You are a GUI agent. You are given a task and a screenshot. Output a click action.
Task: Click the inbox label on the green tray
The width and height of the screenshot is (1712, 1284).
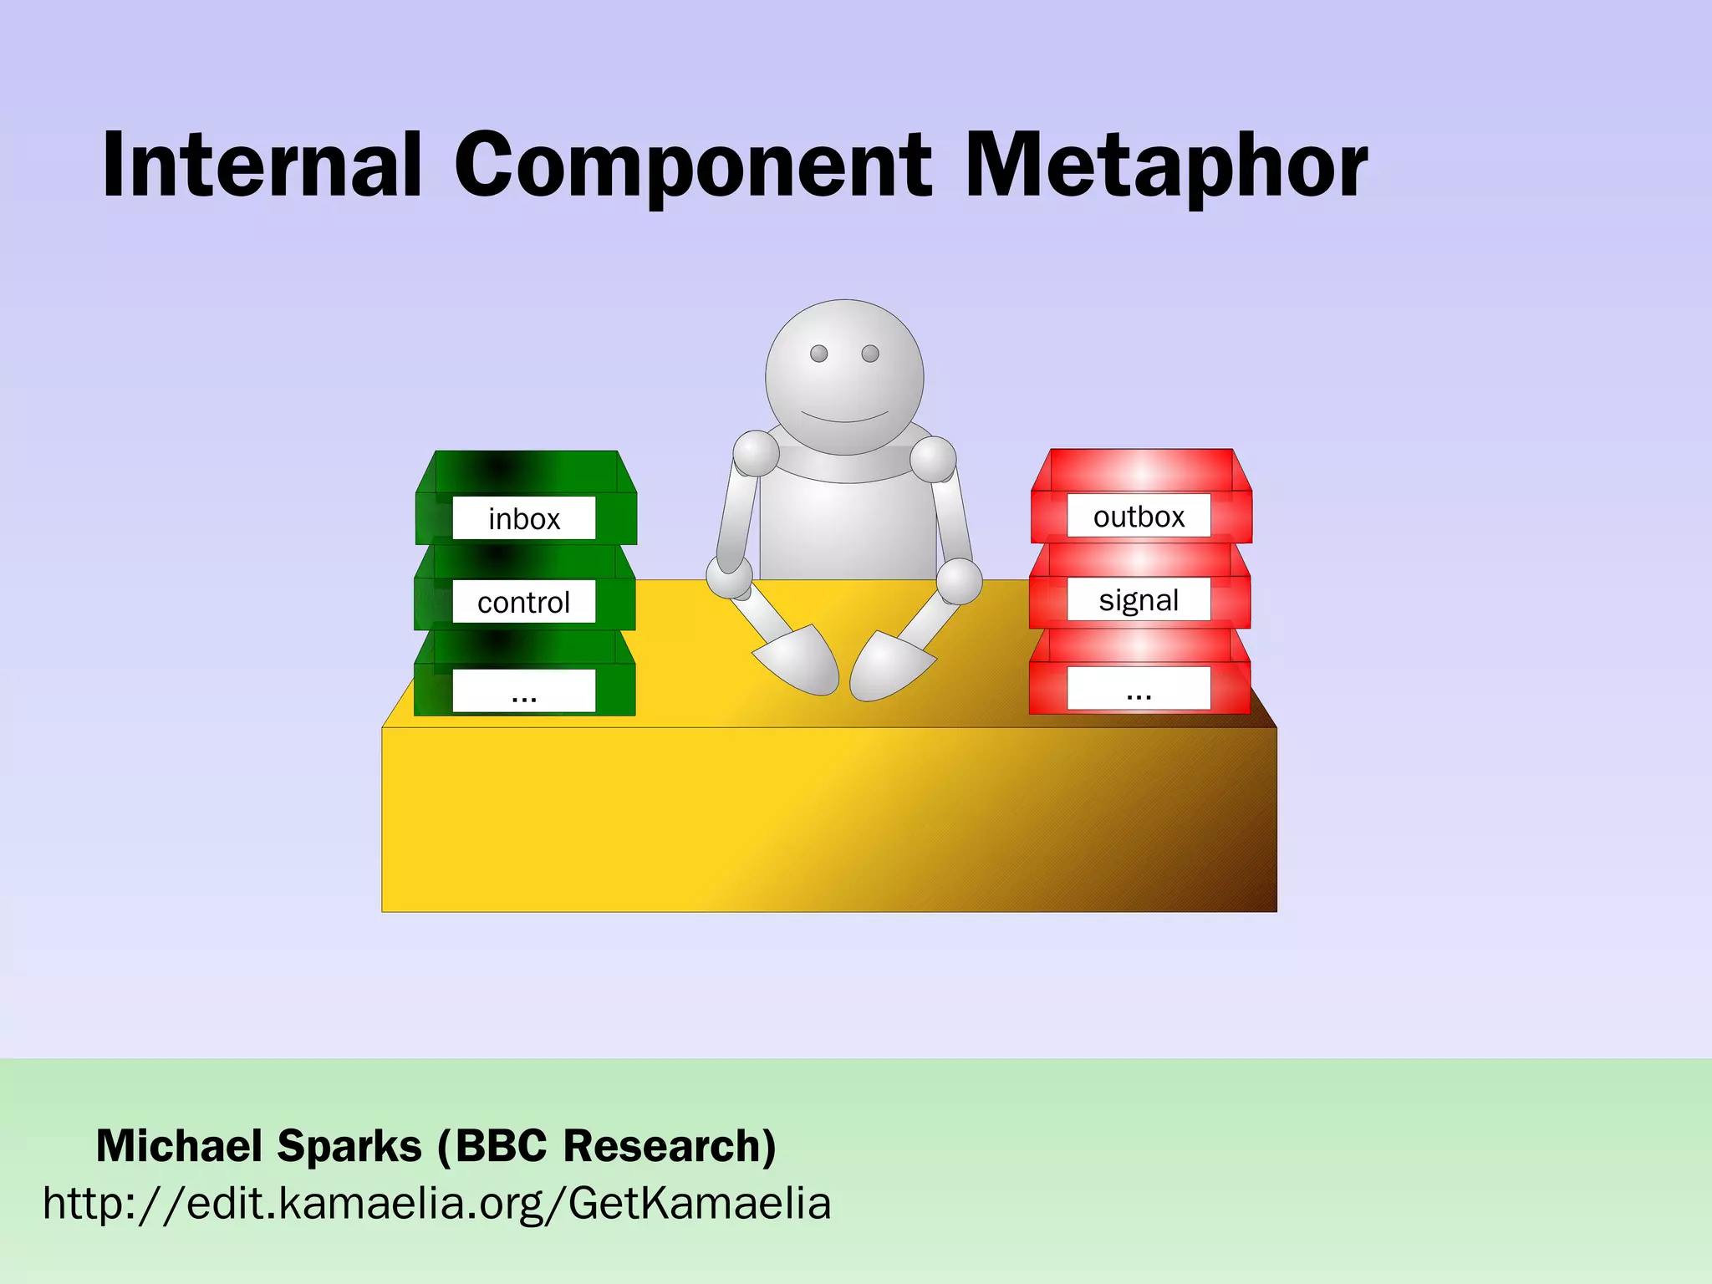[x=524, y=518]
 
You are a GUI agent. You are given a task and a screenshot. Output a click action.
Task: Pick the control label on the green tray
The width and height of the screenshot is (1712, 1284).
[x=524, y=602]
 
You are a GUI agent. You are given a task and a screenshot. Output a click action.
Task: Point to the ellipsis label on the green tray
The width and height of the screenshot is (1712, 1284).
[x=524, y=691]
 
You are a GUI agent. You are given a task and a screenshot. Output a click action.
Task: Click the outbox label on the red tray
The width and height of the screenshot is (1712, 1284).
[x=1139, y=517]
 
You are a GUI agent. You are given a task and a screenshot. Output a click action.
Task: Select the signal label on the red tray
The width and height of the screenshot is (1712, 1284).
[x=1139, y=599]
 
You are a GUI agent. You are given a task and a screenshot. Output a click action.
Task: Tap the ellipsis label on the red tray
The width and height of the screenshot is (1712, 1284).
[x=1139, y=689]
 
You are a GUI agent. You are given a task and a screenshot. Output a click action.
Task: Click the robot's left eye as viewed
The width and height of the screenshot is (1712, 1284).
[x=819, y=354]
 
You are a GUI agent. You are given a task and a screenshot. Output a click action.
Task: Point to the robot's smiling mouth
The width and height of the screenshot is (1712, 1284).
[x=844, y=417]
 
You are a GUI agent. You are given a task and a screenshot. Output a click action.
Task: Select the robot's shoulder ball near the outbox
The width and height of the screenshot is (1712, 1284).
[x=933, y=459]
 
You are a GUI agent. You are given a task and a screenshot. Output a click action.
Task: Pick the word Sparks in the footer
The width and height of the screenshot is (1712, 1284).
[x=349, y=1145]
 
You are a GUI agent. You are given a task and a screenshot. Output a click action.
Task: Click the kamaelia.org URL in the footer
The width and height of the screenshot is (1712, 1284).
[x=436, y=1204]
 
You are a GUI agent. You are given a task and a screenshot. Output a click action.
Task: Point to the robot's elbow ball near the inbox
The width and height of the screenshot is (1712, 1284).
[x=729, y=577]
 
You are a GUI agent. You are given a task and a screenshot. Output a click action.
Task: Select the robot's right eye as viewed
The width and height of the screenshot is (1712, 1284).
[x=870, y=354]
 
